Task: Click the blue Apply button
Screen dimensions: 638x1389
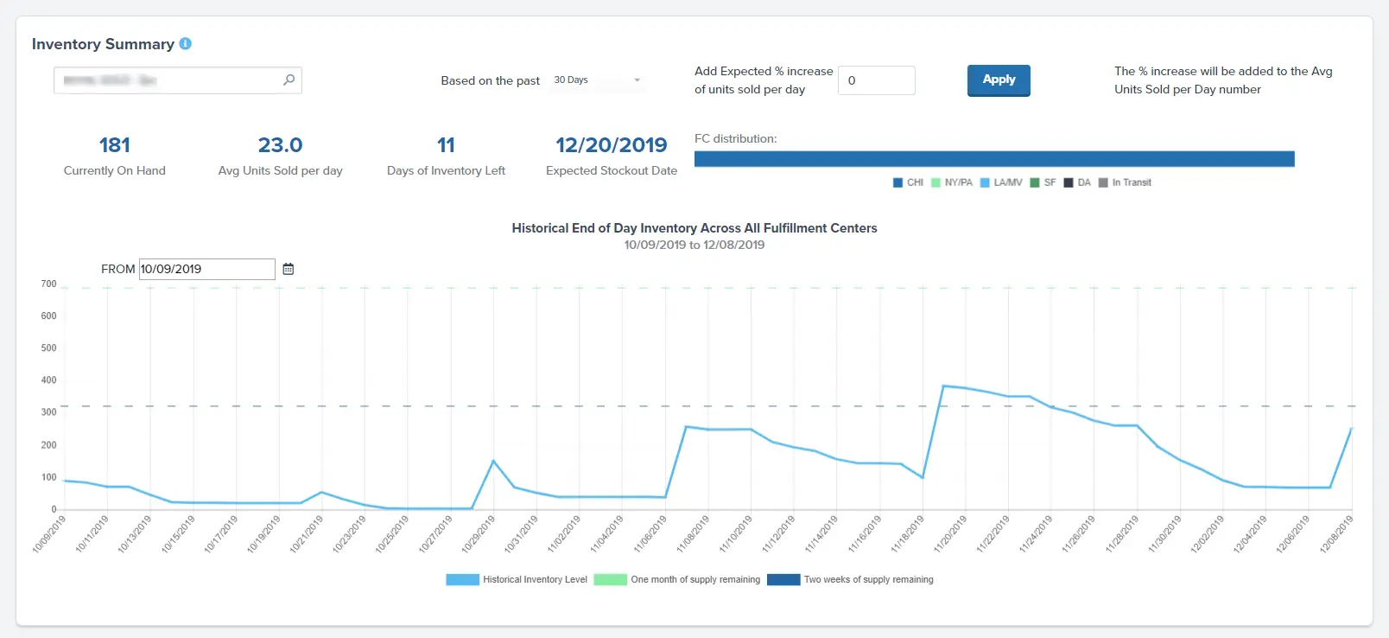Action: pyautogui.click(x=998, y=80)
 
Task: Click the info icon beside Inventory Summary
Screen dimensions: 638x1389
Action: pyautogui.click(x=185, y=43)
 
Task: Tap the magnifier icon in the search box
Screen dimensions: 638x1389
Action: pyautogui.click(x=289, y=80)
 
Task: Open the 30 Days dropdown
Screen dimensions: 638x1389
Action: pyautogui.click(x=596, y=80)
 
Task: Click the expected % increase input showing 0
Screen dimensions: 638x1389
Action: pyautogui.click(x=876, y=80)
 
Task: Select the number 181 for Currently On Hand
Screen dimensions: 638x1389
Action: pyautogui.click(x=114, y=144)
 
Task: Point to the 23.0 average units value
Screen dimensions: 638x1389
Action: pyautogui.click(x=280, y=144)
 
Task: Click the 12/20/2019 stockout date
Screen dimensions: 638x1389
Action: pyautogui.click(x=611, y=144)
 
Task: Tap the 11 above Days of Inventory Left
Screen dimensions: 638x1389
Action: pyautogui.click(x=446, y=144)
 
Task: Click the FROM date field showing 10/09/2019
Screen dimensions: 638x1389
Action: pyautogui.click(x=206, y=269)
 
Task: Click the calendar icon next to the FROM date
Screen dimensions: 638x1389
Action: pyautogui.click(x=289, y=269)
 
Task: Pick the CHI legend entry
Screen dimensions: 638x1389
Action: pyautogui.click(x=908, y=182)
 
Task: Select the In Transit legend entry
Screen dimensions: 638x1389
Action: pyautogui.click(x=1125, y=182)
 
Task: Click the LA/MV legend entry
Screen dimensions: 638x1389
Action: pyautogui.click(x=1001, y=182)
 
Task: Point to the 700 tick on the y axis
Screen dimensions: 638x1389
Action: pyautogui.click(x=48, y=284)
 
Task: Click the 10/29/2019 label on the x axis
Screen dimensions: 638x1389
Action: pyautogui.click(x=479, y=533)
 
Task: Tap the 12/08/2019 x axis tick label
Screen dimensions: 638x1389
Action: pyautogui.click(x=1335, y=533)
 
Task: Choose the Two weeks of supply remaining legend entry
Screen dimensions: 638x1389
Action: pyautogui.click(x=850, y=579)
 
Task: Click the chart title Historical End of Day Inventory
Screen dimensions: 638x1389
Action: pyautogui.click(x=694, y=228)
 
